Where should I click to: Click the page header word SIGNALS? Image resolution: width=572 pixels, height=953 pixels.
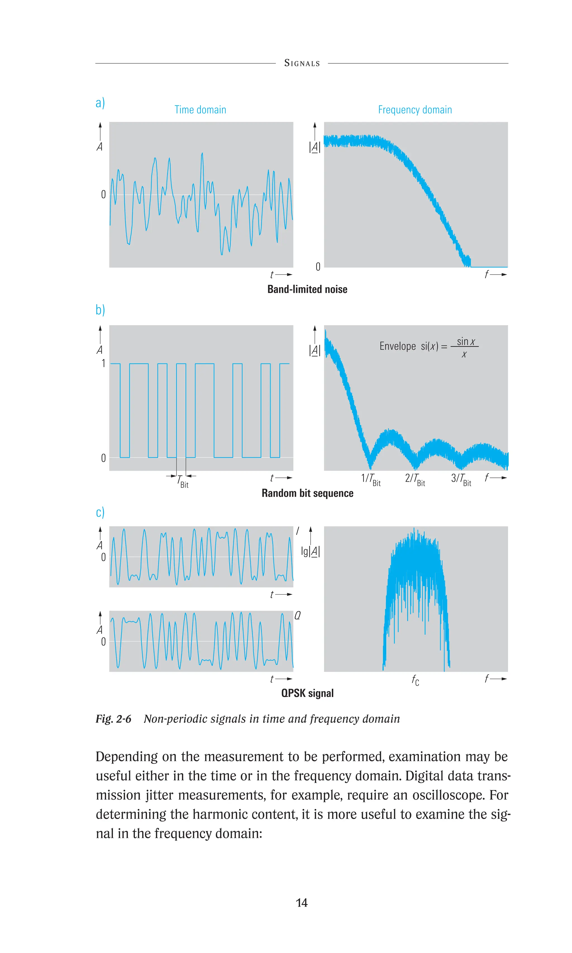point(302,63)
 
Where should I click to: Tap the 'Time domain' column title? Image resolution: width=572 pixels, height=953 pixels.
point(200,110)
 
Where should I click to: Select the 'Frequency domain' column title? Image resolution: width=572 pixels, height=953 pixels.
point(415,110)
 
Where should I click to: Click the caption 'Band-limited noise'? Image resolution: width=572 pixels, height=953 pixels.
point(307,289)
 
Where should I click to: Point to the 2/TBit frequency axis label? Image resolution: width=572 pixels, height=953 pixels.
point(415,479)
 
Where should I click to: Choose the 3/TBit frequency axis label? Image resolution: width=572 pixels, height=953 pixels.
point(461,479)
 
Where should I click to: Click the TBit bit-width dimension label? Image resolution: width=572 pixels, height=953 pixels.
point(183,482)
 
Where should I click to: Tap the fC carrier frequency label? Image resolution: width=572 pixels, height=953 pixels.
point(415,680)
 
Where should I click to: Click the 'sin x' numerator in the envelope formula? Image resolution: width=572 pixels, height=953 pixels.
point(466,341)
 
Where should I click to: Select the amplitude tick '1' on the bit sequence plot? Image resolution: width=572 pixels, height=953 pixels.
point(103,363)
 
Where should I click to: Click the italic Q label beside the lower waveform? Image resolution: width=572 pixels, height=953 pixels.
point(297,615)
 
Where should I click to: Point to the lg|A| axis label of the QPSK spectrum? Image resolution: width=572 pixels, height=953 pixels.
point(310,551)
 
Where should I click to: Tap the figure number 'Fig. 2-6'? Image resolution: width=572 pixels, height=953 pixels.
point(113,719)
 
